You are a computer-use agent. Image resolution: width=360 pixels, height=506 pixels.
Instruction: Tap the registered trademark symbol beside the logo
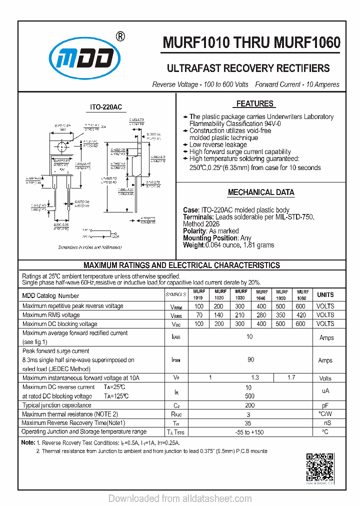tap(120, 36)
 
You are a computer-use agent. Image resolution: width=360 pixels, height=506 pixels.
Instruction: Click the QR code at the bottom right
tap(319, 466)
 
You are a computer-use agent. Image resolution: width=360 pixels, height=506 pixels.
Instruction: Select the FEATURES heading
tap(254, 104)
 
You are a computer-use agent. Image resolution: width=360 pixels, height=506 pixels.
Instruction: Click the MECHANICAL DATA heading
tap(261, 192)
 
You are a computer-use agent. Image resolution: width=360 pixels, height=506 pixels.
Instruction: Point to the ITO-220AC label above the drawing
tap(105, 107)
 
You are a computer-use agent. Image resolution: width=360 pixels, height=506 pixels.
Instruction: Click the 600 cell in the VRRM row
tap(300, 306)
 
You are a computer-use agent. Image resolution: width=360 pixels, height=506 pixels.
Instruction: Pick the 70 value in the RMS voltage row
tap(199, 315)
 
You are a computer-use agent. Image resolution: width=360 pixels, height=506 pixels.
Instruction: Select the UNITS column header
tap(325, 294)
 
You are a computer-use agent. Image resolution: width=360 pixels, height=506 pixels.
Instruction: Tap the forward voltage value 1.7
tap(291, 377)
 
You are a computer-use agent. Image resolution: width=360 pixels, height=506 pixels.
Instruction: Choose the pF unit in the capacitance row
tap(325, 405)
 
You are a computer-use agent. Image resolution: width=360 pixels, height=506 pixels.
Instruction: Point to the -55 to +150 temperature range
tap(249, 431)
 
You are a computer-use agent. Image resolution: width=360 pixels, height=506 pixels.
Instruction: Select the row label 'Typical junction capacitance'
tap(56, 405)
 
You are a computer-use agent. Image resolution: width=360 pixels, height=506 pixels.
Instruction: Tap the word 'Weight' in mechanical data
tap(193, 245)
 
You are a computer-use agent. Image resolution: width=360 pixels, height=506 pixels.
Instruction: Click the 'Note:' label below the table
tap(28, 442)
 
